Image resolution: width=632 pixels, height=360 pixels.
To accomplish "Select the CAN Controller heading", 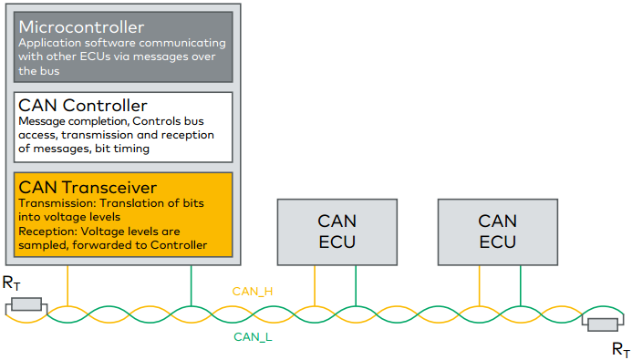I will (x=81, y=106).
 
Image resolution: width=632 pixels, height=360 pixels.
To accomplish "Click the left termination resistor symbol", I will (x=25, y=304).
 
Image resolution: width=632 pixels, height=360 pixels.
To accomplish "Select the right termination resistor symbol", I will (x=604, y=324).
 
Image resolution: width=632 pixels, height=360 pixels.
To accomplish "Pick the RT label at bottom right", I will (x=619, y=348).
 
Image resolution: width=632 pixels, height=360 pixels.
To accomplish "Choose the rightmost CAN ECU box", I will (x=497, y=231).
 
